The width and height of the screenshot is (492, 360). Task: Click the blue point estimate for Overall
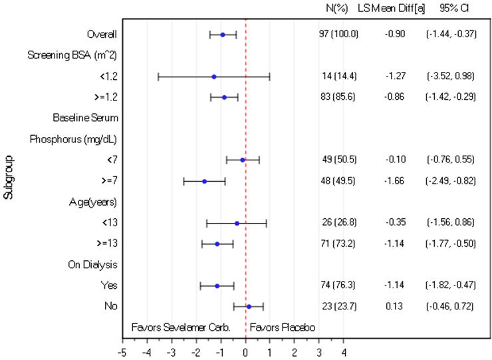coord(223,34)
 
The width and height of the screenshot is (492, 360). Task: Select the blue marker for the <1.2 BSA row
coord(213,77)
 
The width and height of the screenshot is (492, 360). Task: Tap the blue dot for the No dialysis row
coord(249,307)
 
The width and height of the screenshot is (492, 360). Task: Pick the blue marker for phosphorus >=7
coord(204,181)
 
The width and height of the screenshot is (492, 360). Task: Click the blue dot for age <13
coord(237,223)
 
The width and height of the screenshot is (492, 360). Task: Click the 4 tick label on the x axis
coord(344,351)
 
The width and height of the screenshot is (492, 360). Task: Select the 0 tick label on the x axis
coord(245,351)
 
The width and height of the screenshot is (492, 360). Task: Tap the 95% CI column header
coord(451,8)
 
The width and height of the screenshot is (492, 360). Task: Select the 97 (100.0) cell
coord(338,34)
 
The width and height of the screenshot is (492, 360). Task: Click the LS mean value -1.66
coord(395,181)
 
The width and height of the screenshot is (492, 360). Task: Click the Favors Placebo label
coord(282,327)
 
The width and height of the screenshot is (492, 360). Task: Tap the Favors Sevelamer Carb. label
coord(181,327)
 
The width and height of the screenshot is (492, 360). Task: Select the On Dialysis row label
coord(94,265)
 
